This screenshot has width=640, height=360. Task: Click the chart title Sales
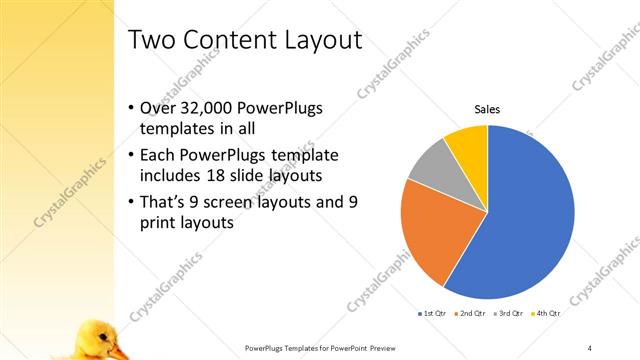(487, 110)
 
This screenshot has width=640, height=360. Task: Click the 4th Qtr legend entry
(547, 313)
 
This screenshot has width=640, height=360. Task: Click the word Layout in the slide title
(313, 40)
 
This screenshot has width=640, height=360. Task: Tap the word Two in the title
(155, 40)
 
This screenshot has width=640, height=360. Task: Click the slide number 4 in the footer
(590, 347)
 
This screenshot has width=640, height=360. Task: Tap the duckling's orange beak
(119, 351)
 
